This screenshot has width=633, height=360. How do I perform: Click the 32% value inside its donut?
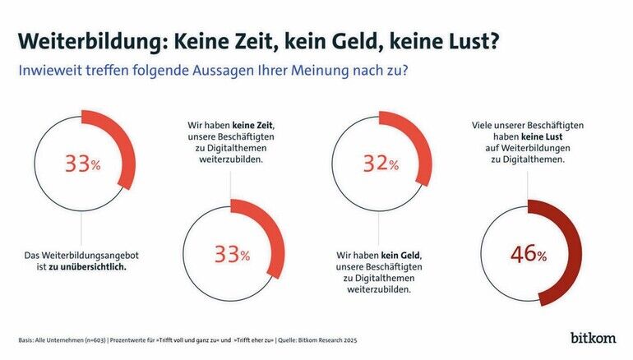(x=380, y=164)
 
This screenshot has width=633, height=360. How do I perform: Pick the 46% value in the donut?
(x=529, y=255)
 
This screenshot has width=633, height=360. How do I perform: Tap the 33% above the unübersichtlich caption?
(x=81, y=164)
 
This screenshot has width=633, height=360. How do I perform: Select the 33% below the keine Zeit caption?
(x=231, y=255)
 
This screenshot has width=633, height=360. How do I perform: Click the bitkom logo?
(x=594, y=337)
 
